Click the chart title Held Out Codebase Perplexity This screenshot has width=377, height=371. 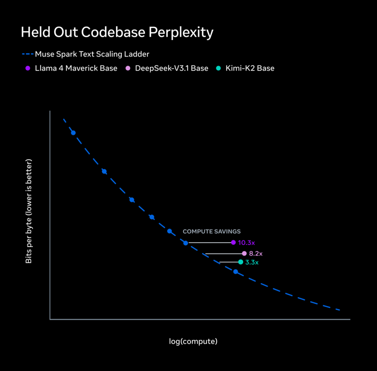pos(117,32)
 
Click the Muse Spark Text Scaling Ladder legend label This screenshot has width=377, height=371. pos(92,54)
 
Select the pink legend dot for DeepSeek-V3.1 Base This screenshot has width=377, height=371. pos(128,68)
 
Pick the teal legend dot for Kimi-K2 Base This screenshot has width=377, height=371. pos(218,68)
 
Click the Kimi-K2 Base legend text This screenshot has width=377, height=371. pos(250,68)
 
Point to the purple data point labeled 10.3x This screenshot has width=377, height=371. pos(233,242)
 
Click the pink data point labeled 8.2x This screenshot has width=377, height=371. pos(244,253)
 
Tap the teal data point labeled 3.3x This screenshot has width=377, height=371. pos(241,262)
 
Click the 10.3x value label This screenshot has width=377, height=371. pos(246,242)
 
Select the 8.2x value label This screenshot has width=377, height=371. pos(256,253)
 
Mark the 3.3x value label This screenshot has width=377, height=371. pos(252,262)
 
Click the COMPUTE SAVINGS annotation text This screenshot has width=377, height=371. pos(212,232)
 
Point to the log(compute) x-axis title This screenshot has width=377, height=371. pos(193,341)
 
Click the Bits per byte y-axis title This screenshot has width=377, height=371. pos(29,212)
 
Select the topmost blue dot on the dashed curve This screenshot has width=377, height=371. pos(73,133)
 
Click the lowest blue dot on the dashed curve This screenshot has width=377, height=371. pos(236,272)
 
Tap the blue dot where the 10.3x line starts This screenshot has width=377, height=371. pos(186,243)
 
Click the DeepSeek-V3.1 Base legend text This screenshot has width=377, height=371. pos(171,68)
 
